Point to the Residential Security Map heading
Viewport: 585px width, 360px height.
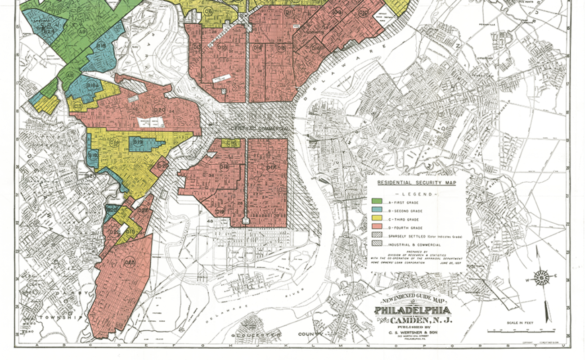(416, 183)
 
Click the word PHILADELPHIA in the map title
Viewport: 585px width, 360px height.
(413, 310)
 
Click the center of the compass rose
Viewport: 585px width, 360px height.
(542, 277)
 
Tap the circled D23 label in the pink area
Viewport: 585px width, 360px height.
(130, 263)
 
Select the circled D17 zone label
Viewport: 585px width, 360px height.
(271, 168)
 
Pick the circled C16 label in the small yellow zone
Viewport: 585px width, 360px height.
(232, 143)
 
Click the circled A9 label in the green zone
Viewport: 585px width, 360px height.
(82, 31)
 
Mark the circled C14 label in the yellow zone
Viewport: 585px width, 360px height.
(114, 144)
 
